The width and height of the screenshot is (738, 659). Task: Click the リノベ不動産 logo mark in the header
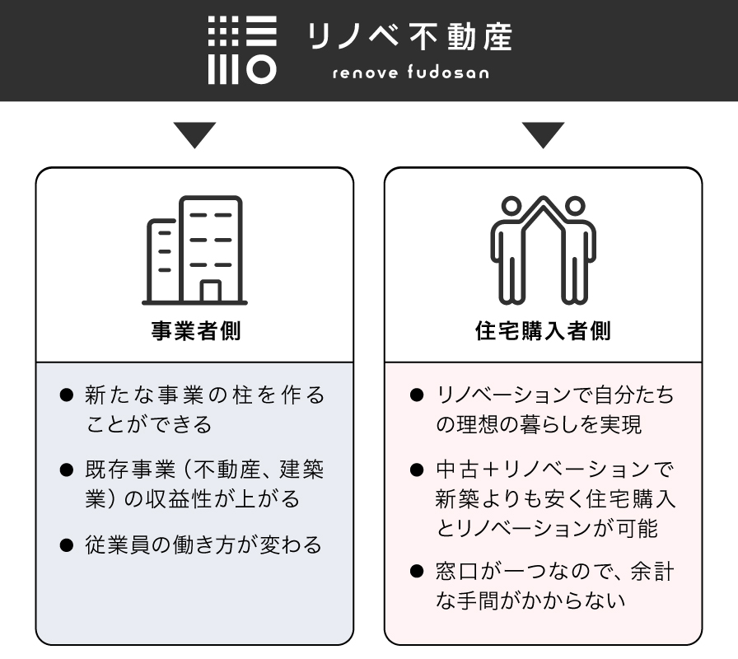pyautogui.click(x=242, y=50)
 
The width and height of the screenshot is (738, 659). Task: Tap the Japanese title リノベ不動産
pyautogui.click(x=409, y=37)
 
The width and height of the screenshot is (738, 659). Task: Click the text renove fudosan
pyautogui.click(x=410, y=72)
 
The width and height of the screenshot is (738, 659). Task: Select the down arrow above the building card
pyautogui.click(x=194, y=135)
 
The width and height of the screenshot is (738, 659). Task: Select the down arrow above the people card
pyautogui.click(x=543, y=135)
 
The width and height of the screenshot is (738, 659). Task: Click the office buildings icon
pyautogui.click(x=195, y=250)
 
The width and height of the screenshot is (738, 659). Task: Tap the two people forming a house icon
pyautogui.click(x=543, y=250)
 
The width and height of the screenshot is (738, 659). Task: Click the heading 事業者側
pyautogui.click(x=196, y=330)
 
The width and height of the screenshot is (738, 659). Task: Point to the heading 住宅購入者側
pyautogui.click(x=543, y=330)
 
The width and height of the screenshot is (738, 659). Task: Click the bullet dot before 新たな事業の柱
pyautogui.click(x=67, y=395)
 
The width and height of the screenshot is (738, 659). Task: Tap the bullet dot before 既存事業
pyautogui.click(x=67, y=470)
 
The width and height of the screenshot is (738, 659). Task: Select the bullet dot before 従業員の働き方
pyautogui.click(x=67, y=545)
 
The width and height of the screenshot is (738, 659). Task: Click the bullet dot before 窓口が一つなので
pyautogui.click(x=417, y=571)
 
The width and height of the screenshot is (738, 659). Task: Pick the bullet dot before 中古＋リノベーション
pyautogui.click(x=417, y=470)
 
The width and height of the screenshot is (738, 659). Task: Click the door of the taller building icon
pyautogui.click(x=210, y=292)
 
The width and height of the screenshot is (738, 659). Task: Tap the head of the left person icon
pyautogui.click(x=511, y=206)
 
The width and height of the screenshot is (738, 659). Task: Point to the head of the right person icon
pyautogui.click(x=575, y=206)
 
